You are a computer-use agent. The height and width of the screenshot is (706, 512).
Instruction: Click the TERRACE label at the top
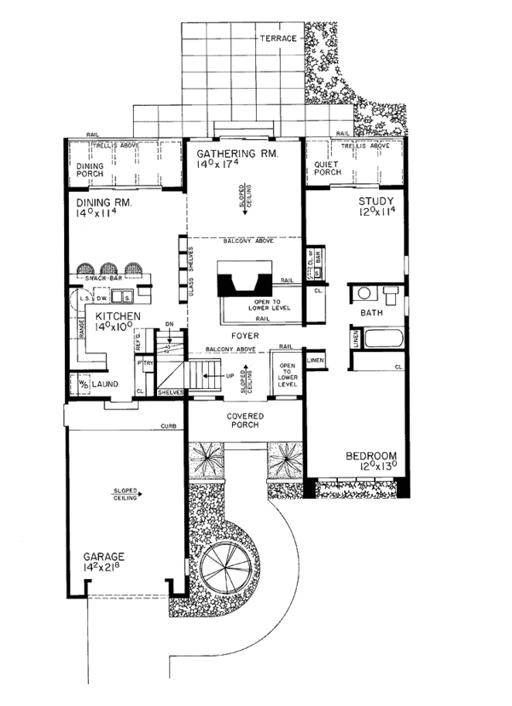pos(279,39)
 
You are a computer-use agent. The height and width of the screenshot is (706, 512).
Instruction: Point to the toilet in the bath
pos(392,296)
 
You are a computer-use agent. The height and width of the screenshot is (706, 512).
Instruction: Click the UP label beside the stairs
pos(229,374)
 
